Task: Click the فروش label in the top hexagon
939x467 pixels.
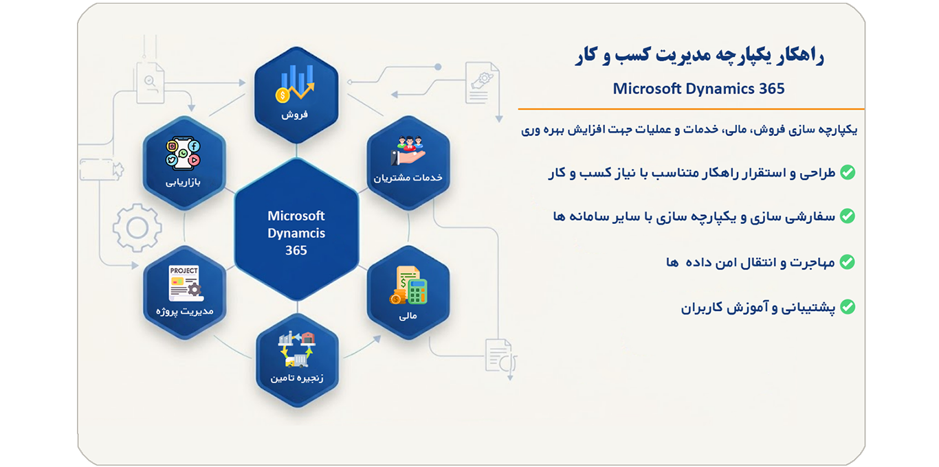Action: pyautogui.click(x=295, y=114)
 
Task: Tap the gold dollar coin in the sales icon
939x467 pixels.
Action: pyautogui.click(x=283, y=95)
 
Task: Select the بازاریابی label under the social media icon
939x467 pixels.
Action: pyautogui.click(x=183, y=182)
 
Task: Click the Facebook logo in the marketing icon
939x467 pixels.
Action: pyautogui.click(x=194, y=146)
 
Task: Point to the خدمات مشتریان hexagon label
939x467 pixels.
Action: pyautogui.click(x=408, y=178)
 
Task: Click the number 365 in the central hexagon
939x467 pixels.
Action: pyautogui.click(x=296, y=250)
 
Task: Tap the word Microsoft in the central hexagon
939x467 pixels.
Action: pyautogui.click(x=296, y=216)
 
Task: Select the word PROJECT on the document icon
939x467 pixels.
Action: pyautogui.click(x=184, y=271)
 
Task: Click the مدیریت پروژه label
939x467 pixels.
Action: pyautogui.click(x=185, y=311)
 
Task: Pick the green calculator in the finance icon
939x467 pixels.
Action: pyautogui.click(x=417, y=291)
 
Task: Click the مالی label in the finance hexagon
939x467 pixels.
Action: pyautogui.click(x=408, y=316)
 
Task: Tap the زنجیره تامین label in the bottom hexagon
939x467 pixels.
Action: pyautogui.click(x=297, y=378)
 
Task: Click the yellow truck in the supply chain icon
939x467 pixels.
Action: pyautogui.click(x=296, y=360)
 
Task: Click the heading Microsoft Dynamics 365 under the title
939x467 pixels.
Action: pyautogui.click(x=698, y=89)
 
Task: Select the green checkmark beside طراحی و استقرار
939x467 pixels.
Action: pyautogui.click(x=848, y=172)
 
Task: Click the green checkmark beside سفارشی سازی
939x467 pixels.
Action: pyautogui.click(x=848, y=216)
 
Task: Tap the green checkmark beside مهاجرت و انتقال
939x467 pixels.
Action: pyautogui.click(x=848, y=262)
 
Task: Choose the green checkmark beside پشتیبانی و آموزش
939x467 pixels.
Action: pyautogui.click(x=848, y=307)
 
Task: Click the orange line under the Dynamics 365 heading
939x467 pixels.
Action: pyautogui.click(x=692, y=109)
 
